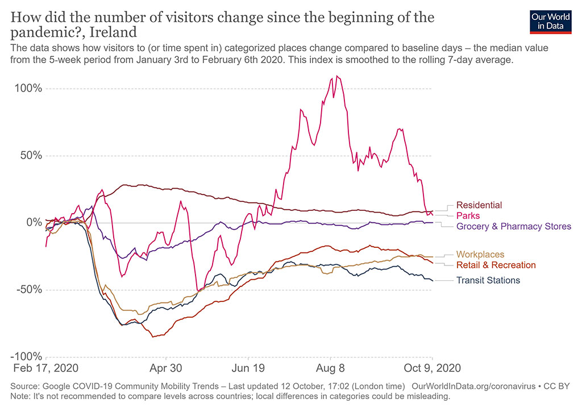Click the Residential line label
pos(479,205)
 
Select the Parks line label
pos(468,216)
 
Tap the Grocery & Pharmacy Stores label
pos(513,226)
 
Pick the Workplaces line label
pos(480,255)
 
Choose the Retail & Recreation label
pos(496,265)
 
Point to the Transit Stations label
pos(488,280)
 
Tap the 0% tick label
pos(35,223)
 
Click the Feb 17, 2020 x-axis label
pos(46,368)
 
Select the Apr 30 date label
pos(166,368)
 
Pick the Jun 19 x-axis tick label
pos(248,368)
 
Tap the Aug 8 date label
pos(331,368)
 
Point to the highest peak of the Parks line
pos(337,76)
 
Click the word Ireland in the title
pos(117,31)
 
